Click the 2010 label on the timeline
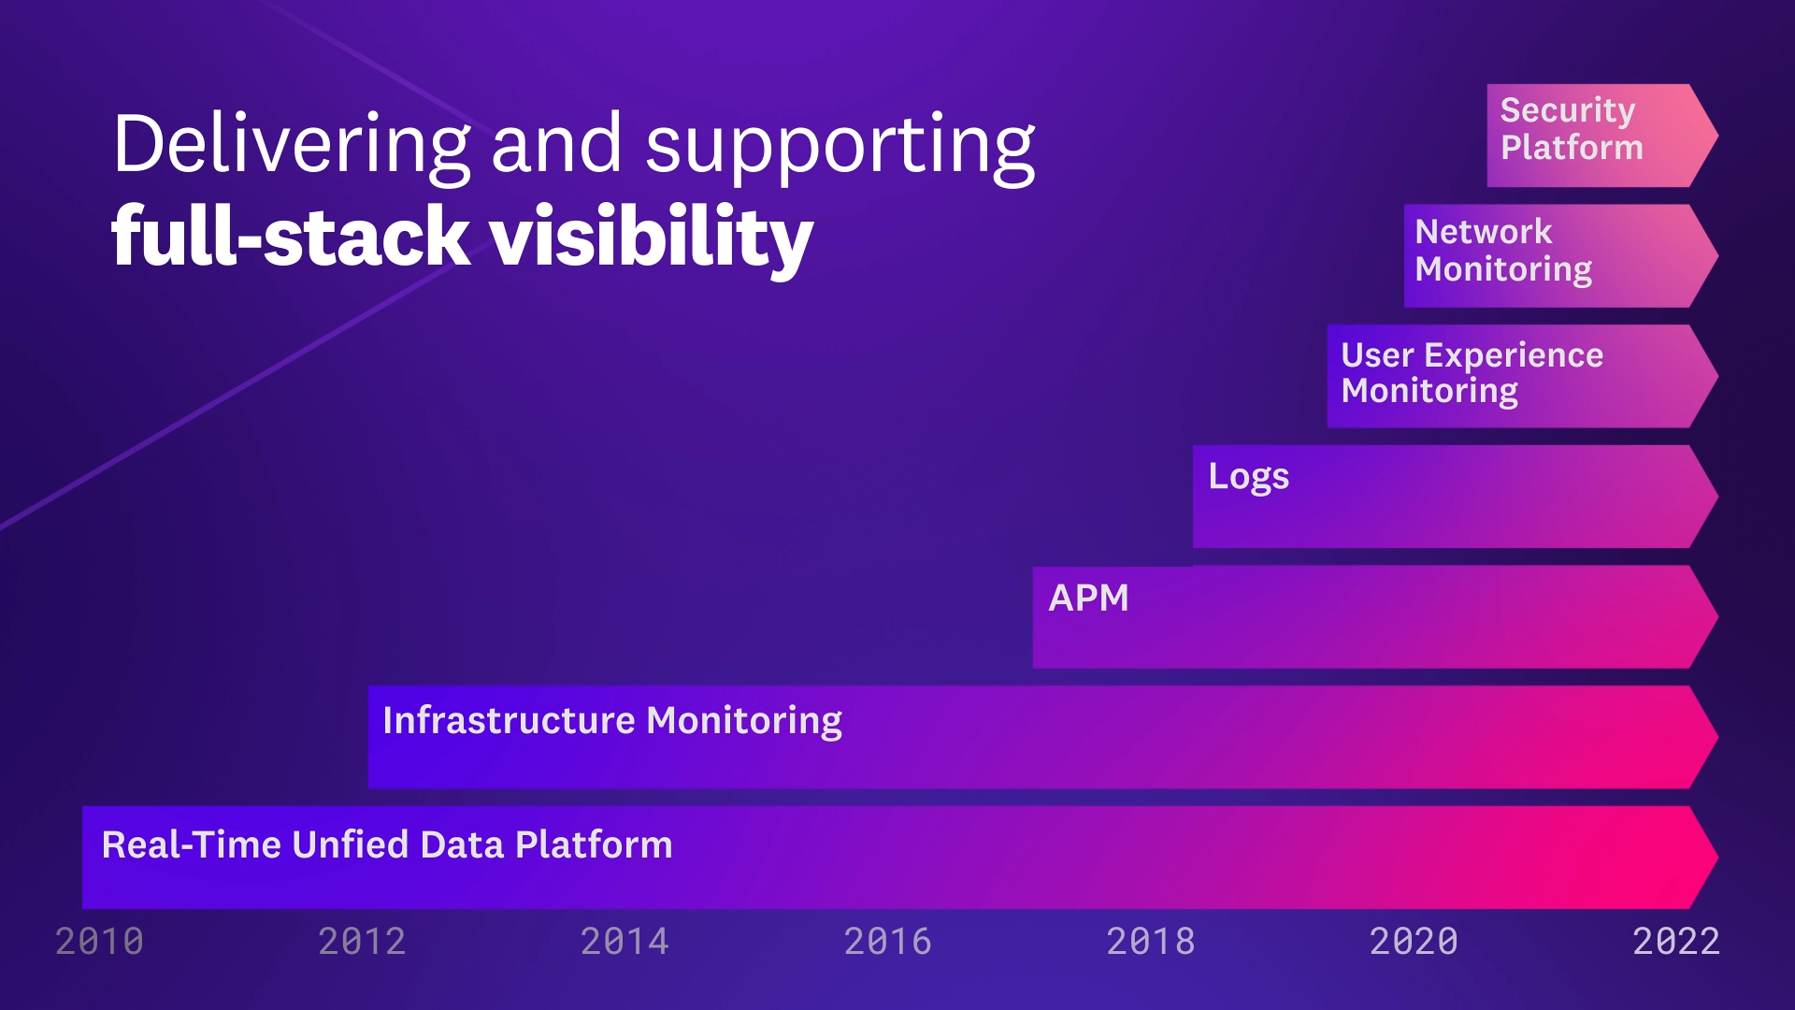click(99, 941)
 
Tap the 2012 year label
click(362, 941)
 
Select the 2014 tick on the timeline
click(625, 941)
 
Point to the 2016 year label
click(887, 941)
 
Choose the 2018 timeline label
click(1150, 941)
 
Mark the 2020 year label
click(1414, 941)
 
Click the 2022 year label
click(1676, 941)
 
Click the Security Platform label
click(1571, 129)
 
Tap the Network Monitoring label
click(1503, 250)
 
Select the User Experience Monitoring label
click(1472, 372)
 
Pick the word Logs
click(1248, 477)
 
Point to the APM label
click(1088, 599)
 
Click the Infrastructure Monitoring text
click(612, 721)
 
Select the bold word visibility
click(652, 238)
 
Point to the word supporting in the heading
click(840, 148)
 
